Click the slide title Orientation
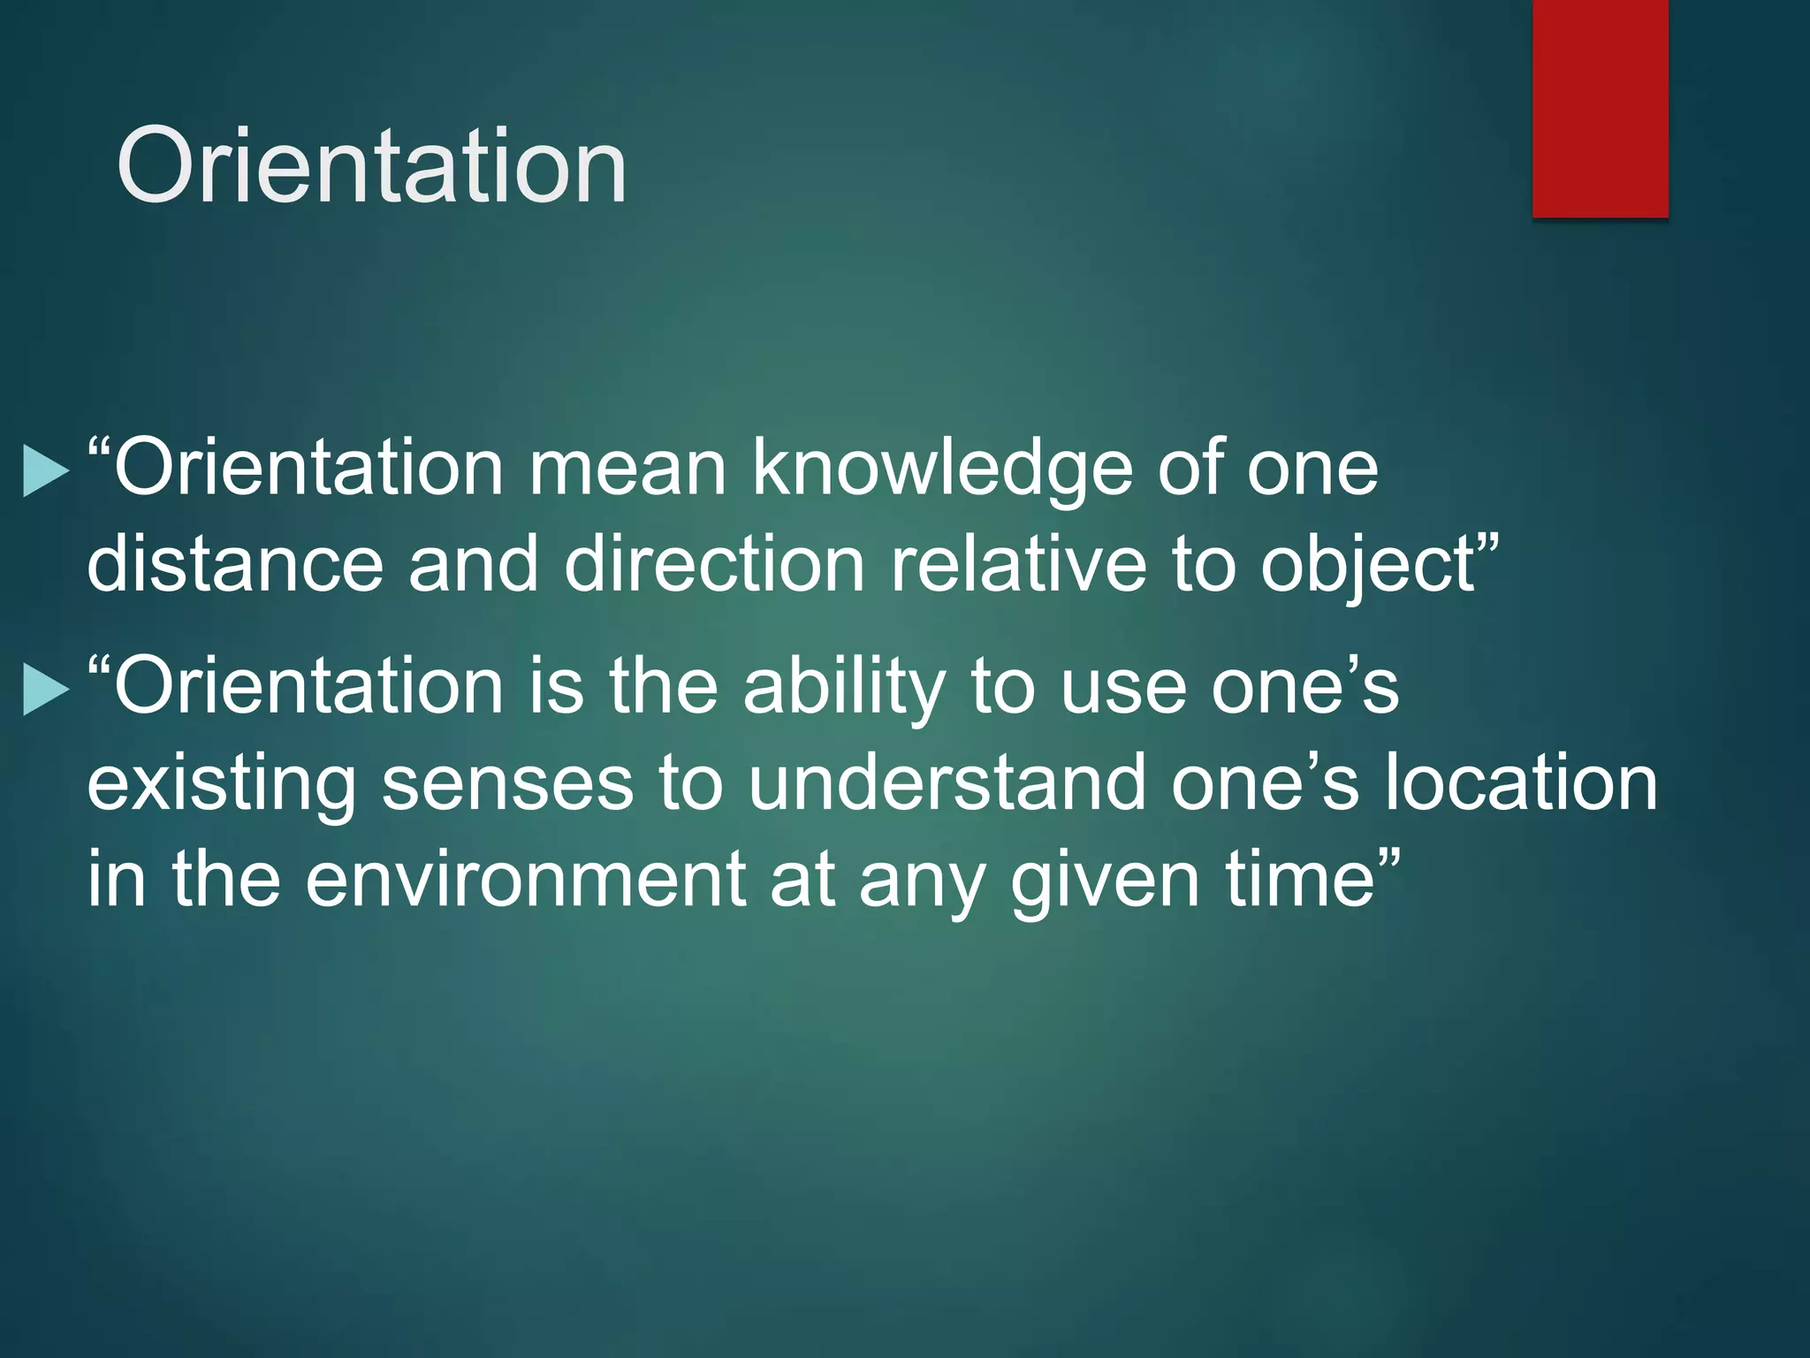(x=371, y=165)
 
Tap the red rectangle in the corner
(x=1600, y=108)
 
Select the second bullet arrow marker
(x=45, y=689)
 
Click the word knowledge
(x=942, y=469)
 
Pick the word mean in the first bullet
(x=627, y=469)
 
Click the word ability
(x=844, y=688)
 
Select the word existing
(x=221, y=783)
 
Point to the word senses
(x=507, y=783)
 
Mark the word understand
(x=947, y=783)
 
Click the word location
(x=1520, y=783)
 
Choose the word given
(x=1105, y=881)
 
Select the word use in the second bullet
(x=1122, y=688)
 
